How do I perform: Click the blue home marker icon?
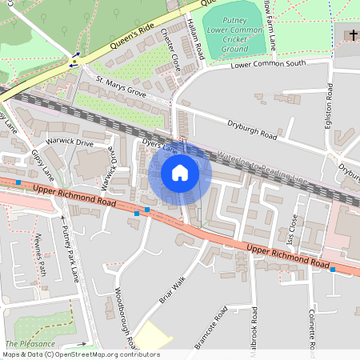(x=180, y=173)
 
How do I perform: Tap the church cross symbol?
(x=353, y=34)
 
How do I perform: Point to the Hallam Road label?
(x=194, y=38)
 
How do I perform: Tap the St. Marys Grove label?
(x=121, y=87)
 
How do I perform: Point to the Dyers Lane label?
(x=158, y=146)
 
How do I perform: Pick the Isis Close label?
(x=293, y=229)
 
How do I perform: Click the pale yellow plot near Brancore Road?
(x=153, y=336)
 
